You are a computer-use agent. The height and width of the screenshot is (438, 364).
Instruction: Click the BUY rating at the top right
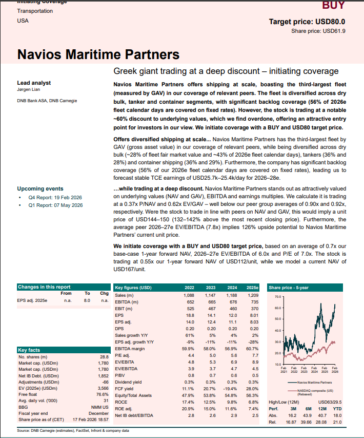pos(333,6)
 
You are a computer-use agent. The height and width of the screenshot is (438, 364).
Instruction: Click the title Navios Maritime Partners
pos(98,54)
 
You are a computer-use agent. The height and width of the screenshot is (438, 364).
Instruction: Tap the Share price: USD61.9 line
pos(318,31)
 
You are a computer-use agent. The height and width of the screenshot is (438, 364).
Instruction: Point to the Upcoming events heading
pos(41,188)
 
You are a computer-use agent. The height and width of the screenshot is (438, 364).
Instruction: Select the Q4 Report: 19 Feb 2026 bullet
pos(55,197)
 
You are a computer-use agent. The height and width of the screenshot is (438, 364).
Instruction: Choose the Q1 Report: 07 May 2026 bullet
pos(56,205)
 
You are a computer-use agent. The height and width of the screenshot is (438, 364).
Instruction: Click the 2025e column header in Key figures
pos(252,288)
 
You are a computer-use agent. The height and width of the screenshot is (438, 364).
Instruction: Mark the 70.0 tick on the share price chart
pos(277,297)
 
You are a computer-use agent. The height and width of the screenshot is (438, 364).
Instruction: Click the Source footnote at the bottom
pos(73,430)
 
